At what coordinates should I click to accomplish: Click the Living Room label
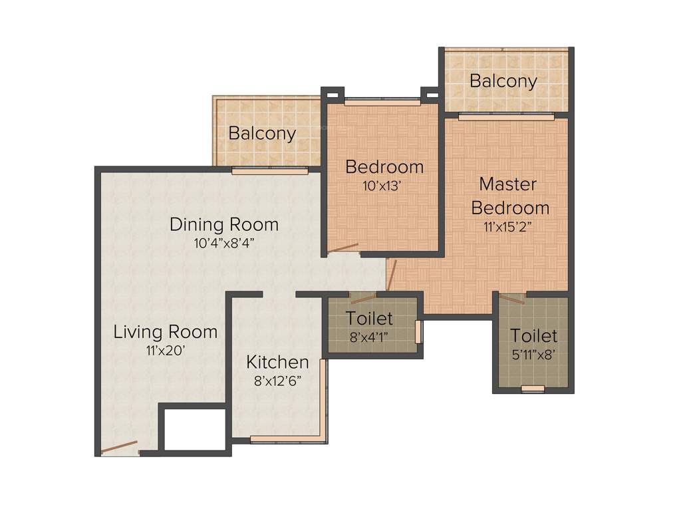[x=165, y=331]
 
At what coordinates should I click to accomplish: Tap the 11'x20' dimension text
[x=165, y=350]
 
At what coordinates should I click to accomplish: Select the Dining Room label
[x=224, y=224]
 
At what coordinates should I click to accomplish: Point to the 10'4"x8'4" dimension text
[x=224, y=243]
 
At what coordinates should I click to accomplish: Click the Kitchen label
[x=277, y=362]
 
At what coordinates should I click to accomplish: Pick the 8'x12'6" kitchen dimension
[x=277, y=381]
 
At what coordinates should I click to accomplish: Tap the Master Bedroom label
[x=510, y=196]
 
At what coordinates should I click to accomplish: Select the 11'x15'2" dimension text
[x=510, y=226]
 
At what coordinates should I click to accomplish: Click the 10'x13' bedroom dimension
[x=384, y=186]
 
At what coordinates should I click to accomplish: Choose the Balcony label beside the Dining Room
[x=262, y=133]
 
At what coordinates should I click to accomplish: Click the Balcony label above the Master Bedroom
[x=503, y=81]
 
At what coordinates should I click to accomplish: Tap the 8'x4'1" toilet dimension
[x=370, y=337]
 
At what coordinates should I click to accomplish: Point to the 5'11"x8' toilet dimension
[x=533, y=355]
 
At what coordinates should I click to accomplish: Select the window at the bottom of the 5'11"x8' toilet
[x=533, y=389]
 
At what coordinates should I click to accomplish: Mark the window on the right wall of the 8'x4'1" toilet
[x=418, y=332]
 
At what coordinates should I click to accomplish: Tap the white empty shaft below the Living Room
[x=194, y=430]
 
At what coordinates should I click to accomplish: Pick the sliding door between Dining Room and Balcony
[x=269, y=170]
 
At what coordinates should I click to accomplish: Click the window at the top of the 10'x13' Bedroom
[x=382, y=102]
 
